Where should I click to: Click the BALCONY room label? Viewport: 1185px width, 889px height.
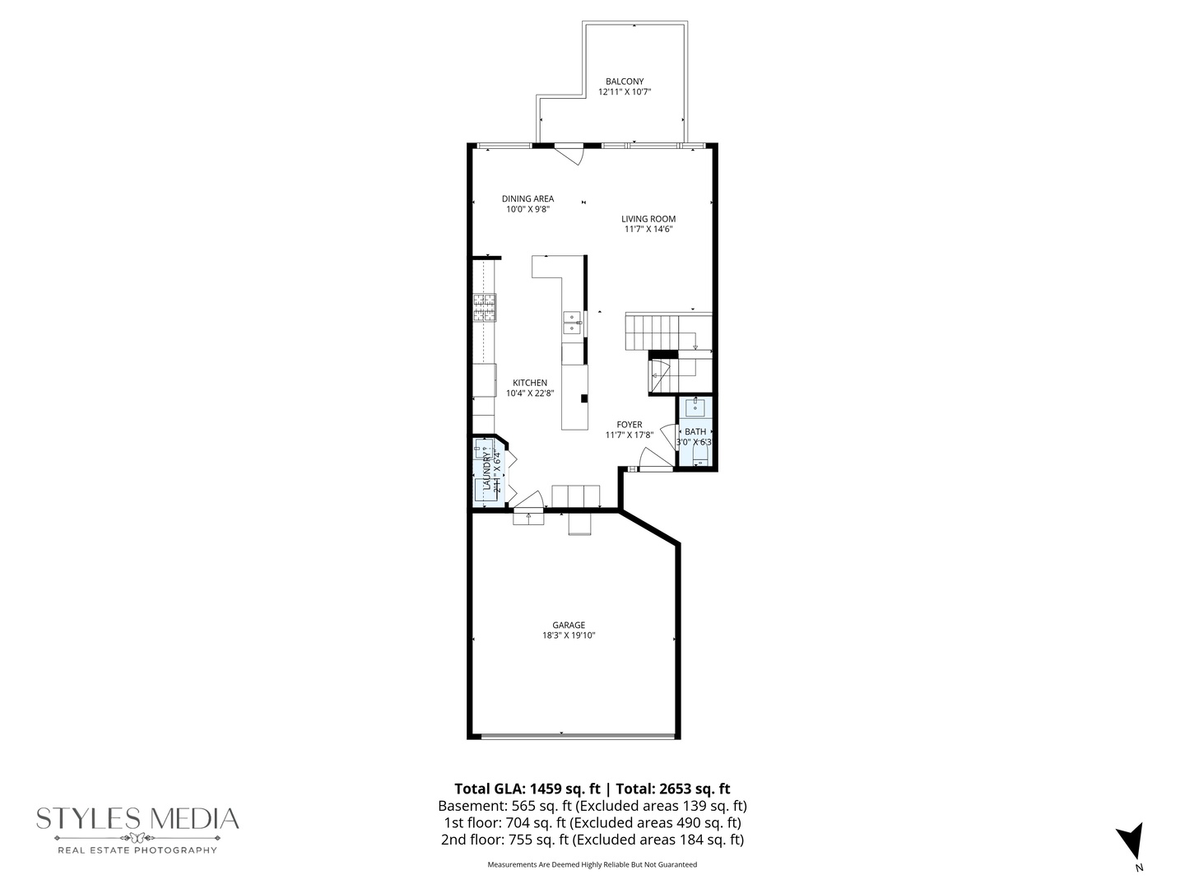tap(625, 81)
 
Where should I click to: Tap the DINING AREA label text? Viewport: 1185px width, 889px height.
tap(527, 198)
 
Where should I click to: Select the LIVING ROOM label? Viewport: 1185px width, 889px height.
tap(648, 219)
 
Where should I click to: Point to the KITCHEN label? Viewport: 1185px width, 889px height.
tap(530, 383)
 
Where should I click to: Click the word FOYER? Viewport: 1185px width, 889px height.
tap(630, 425)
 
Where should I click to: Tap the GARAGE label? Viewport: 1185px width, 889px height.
tap(569, 625)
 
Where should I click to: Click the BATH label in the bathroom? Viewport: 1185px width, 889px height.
tap(695, 431)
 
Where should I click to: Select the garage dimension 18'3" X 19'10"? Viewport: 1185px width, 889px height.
tap(569, 635)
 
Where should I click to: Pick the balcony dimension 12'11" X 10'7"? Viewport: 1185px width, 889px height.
tap(625, 92)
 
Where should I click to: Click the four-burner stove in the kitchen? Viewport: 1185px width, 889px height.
tap(485, 305)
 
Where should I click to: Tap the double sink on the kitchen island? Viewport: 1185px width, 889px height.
tap(573, 322)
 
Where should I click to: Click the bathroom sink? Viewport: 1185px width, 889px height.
tap(695, 407)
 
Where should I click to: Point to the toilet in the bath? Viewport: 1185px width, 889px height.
tap(699, 458)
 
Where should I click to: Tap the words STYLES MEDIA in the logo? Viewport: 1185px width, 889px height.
tap(137, 819)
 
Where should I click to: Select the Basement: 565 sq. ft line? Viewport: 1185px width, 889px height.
tap(504, 806)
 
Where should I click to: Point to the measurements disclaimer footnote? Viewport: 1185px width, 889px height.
tap(592, 864)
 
